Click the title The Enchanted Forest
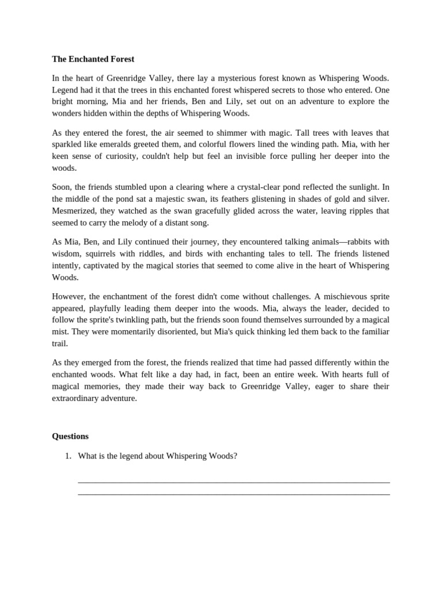point(93,59)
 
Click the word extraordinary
point(78,398)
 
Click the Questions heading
point(70,436)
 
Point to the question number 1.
point(67,456)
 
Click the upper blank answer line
point(233,482)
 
